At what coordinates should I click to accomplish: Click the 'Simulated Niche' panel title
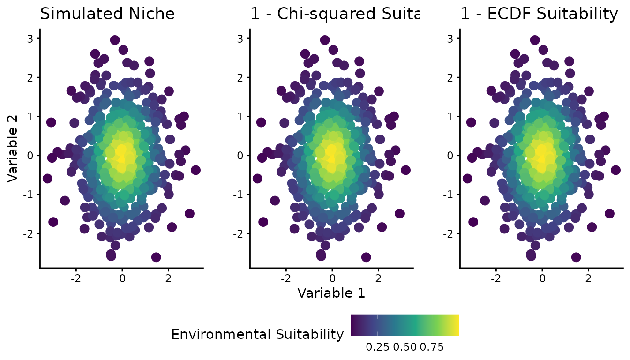(107, 14)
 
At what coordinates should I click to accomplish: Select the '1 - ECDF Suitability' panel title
(539, 14)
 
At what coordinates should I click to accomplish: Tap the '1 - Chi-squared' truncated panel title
(335, 14)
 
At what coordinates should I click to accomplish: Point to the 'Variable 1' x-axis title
(331, 293)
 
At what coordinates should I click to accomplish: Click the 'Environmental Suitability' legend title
(258, 334)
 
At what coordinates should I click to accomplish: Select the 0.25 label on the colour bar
(375, 347)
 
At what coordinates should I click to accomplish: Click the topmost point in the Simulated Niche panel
(115, 40)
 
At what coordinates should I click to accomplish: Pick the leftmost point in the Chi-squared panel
(257, 179)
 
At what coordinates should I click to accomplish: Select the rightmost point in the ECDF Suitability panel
(615, 170)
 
